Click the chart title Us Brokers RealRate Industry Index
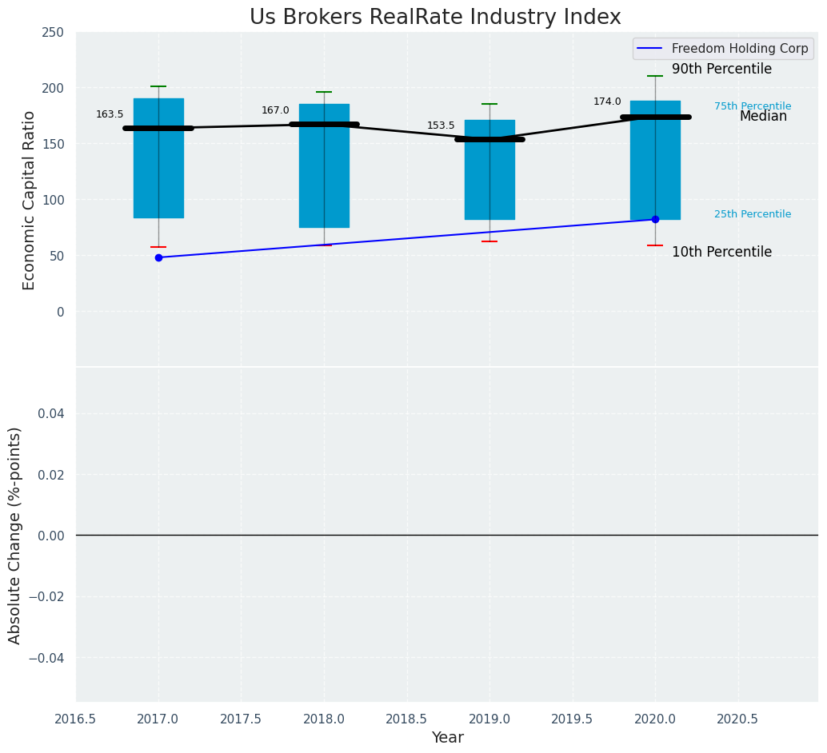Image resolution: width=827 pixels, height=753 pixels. click(435, 18)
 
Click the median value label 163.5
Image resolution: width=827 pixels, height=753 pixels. click(110, 114)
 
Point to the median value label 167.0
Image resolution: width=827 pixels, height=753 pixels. click(275, 110)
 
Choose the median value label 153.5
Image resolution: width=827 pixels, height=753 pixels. click(441, 125)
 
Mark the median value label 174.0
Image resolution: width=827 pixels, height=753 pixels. click(607, 102)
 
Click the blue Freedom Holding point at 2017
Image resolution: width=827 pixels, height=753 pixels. click(158, 257)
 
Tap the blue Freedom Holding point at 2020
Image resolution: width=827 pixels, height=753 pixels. click(655, 219)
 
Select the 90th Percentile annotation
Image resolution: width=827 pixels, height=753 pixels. click(721, 70)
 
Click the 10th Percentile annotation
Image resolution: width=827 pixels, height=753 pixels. click(721, 253)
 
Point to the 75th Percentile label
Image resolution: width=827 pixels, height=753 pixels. click(753, 106)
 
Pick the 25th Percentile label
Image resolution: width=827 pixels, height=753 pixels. click(753, 214)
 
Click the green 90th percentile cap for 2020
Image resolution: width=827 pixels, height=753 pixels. click(655, 76)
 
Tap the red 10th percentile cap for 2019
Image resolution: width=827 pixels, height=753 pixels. click(489, 241)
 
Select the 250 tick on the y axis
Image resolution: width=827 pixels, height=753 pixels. click(54, 33)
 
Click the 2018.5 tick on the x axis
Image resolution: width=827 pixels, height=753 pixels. click(406, 719)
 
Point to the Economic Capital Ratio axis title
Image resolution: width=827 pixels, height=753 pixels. click(30, 200)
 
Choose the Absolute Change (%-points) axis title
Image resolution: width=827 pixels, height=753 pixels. click(15, 535)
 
